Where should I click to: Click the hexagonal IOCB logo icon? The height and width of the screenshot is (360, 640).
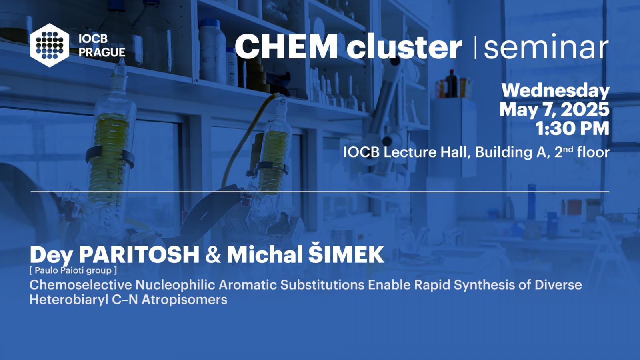pos(50,45)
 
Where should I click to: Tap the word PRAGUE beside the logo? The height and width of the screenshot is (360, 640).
pos(102,52)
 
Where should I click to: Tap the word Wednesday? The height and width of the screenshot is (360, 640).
pos(556,90)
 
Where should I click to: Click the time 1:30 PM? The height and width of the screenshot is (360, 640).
pos(572,128)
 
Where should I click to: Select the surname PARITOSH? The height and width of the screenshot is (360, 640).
pos(139,254)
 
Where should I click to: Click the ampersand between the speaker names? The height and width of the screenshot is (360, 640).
pos(213,255)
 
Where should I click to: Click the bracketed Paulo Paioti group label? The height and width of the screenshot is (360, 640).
pos(73,270)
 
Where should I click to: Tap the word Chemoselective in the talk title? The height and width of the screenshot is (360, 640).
pos(80,285)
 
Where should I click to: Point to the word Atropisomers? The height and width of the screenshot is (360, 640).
pos(184,300)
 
